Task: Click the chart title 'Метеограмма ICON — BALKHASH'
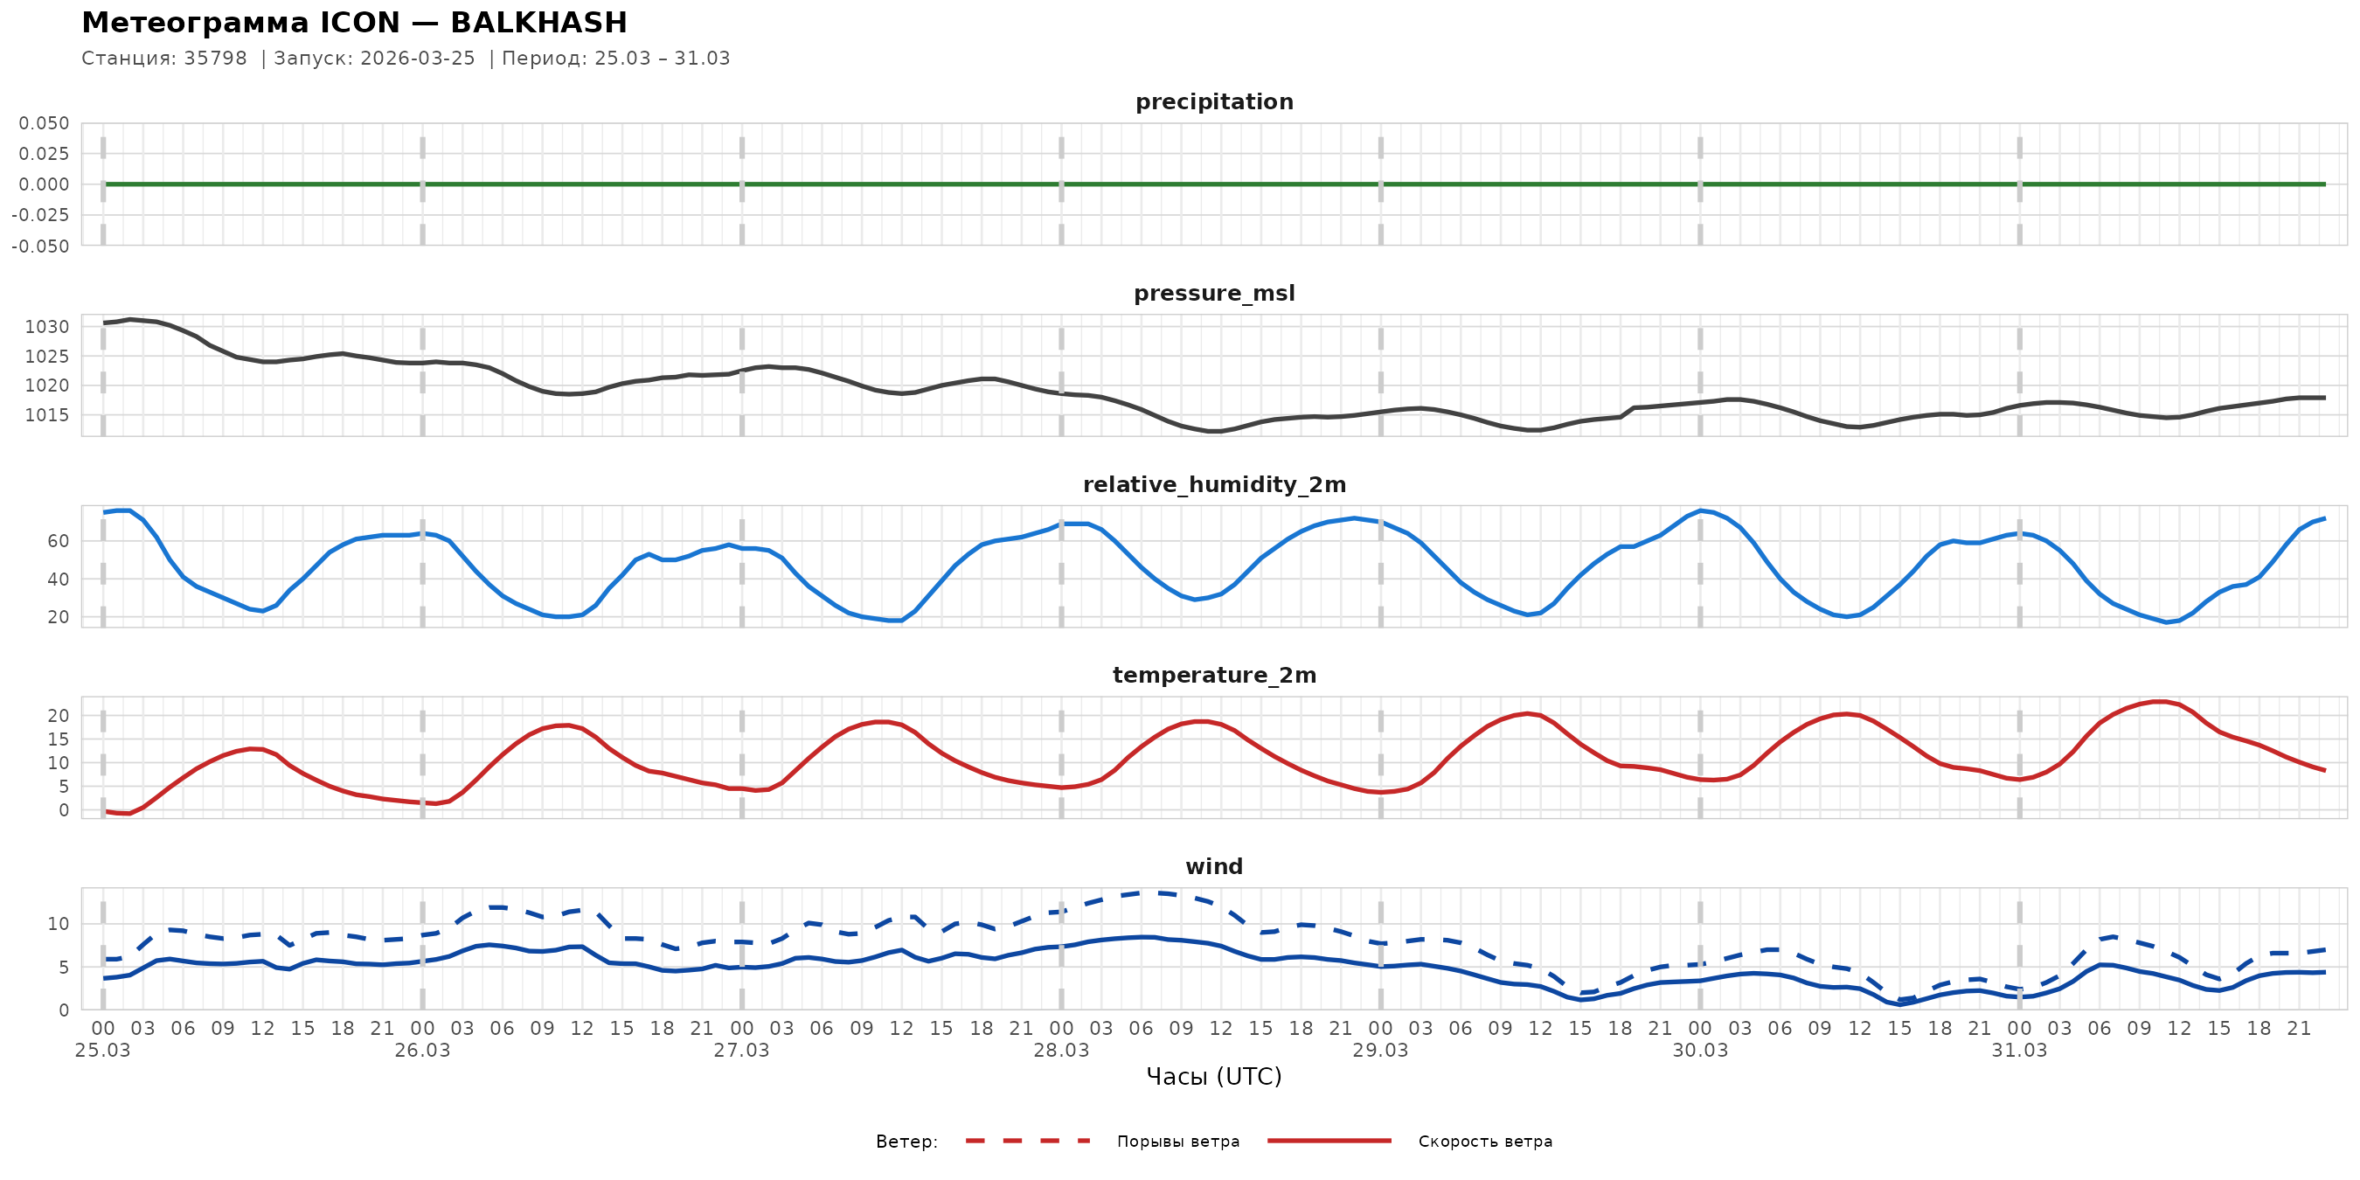354,23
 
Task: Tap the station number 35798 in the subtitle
215,59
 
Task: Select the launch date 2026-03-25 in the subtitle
417,59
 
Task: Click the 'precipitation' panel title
1214,101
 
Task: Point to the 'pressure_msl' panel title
1214,293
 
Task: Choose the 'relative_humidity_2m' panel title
1214,484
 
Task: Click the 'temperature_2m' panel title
1214,675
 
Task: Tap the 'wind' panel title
1214,867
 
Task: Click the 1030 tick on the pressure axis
46,327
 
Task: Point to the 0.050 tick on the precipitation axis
44,123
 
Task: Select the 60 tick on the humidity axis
58,541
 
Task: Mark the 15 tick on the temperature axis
58,739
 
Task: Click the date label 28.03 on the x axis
1061,1051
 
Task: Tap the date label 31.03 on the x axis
2019,1051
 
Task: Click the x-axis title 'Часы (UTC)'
1214,1078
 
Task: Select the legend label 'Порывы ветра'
1177,1142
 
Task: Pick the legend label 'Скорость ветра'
1484,1142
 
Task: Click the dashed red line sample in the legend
1028,1141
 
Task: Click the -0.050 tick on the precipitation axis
40,246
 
